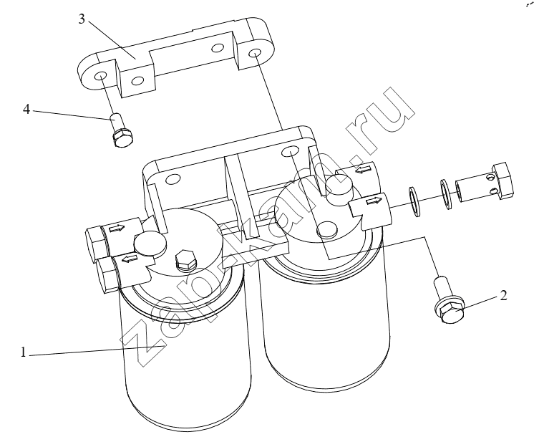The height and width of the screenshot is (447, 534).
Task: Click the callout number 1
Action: pos(23,352)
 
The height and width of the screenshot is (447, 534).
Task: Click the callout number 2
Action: pos(504,295)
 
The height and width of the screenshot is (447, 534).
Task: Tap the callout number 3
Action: pos(82,19)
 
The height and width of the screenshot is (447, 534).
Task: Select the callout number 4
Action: pos(26,110)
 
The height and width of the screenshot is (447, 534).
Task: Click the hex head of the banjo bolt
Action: pos(502,181)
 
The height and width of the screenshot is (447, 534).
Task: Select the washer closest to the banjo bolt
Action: pos(445,193)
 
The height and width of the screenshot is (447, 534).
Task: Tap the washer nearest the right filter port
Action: pos(414,201)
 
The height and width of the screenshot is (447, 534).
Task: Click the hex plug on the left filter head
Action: pos(185,261)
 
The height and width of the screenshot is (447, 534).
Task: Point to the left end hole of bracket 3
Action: pos(100,76)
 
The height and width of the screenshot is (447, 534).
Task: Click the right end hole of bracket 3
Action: pos(255,53)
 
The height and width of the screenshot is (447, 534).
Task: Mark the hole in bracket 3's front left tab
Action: pos(137,81)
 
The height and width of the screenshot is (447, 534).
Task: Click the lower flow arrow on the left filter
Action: pos(129,260)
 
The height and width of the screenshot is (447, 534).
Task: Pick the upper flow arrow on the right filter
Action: pos(362,168)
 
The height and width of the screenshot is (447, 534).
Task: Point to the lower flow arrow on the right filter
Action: pos(374,201)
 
